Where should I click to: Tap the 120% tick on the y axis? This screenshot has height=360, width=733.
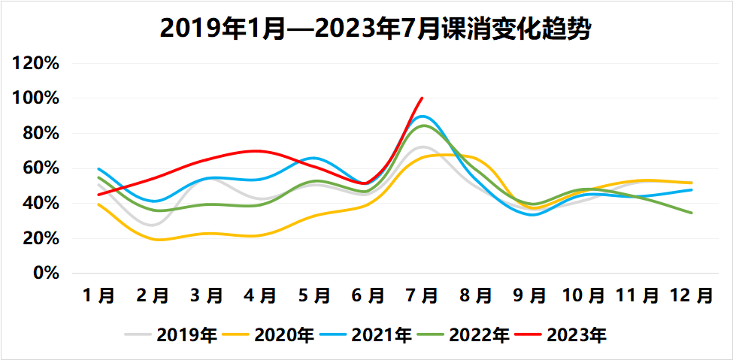click(x=36, y=63)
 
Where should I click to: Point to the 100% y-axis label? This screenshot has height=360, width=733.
click(x=36, y=98)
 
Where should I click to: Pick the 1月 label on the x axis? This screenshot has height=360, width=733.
click(x=99, y=295)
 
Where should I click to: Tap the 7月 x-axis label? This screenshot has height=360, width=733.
click(x=423, y=295)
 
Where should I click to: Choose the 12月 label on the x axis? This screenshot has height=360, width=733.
click(x=691, y=295)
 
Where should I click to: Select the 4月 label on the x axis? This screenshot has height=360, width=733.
click(x=261, y=295)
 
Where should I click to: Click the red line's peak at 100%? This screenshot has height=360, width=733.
click(x=423, y=98)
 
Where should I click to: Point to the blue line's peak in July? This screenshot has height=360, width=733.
click(x=423, y=116)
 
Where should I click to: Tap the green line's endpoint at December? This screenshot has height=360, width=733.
click(x=692, y=213)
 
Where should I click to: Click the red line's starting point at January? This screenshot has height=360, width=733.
click(x=99, y=195)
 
